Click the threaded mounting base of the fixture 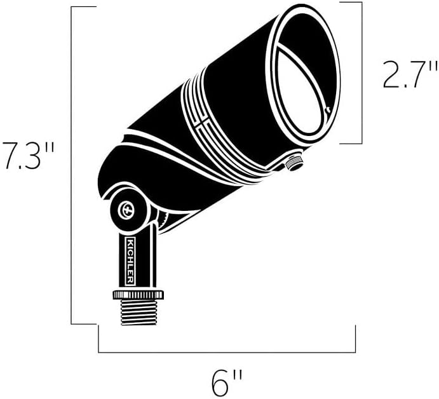click(138, 312)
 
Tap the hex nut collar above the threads click(138, 294)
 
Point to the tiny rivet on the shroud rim click(327, 110)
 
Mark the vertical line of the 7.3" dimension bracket click(71, 165)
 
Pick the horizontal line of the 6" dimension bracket click(227, 351)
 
